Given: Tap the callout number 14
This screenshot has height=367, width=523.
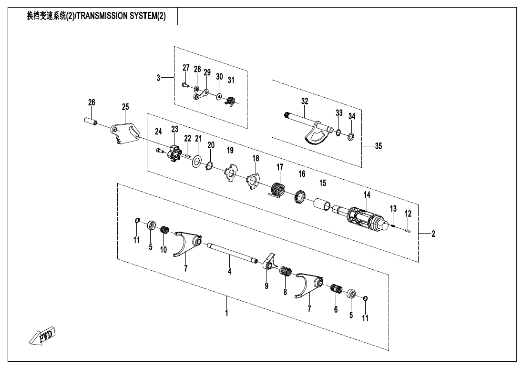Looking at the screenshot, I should coord(367,194).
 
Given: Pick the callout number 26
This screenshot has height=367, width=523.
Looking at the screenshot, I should coord(92,102).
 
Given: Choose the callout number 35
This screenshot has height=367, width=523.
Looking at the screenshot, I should coord(378,146).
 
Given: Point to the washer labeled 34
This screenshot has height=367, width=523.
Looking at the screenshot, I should coord(350,137).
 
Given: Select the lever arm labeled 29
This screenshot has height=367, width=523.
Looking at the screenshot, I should coord(202,94).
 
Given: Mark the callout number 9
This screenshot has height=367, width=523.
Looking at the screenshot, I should coord(267,286).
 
